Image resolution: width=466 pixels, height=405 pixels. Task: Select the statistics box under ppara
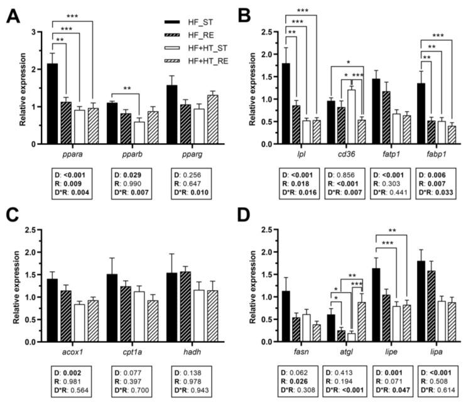72,183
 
